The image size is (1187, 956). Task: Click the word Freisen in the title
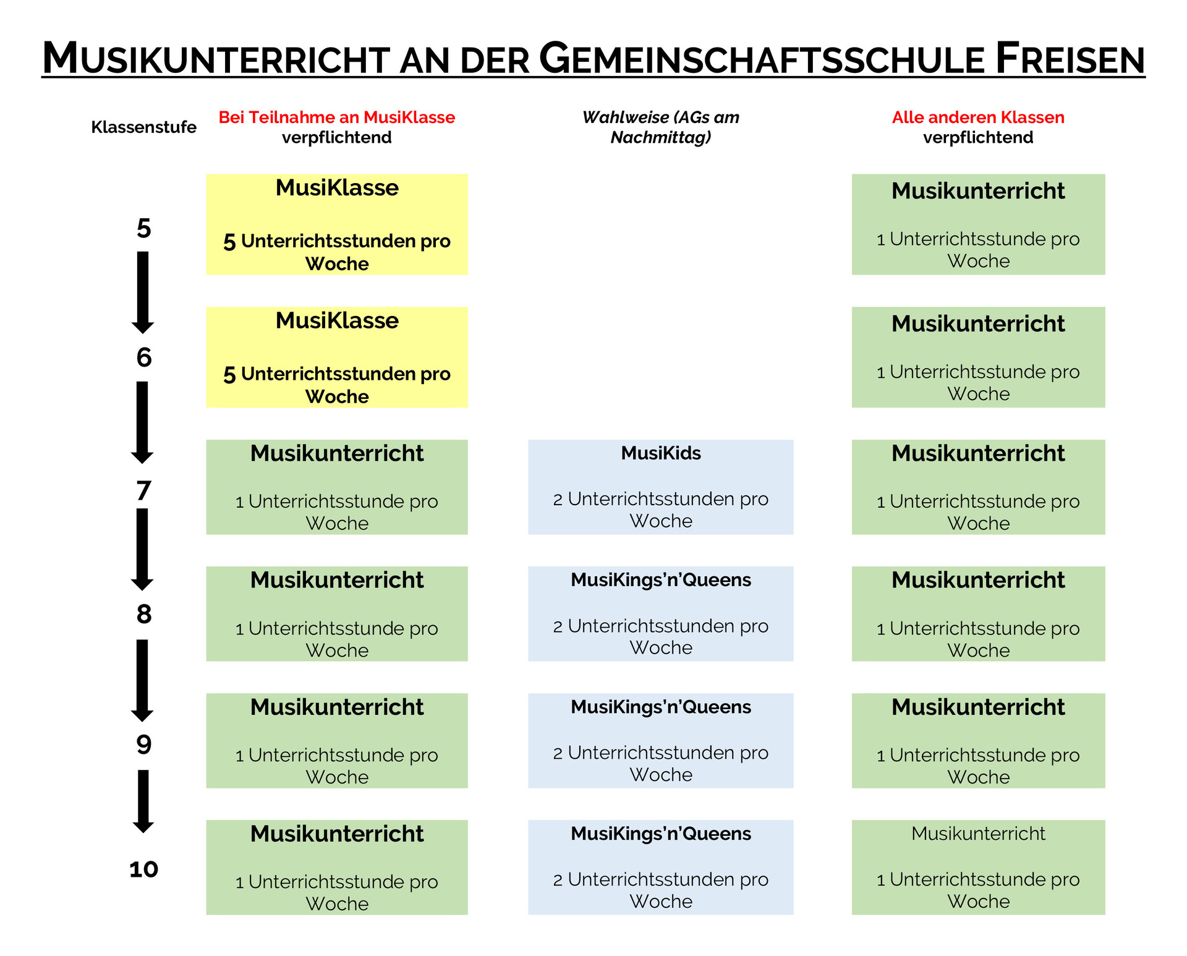[x=1070, y=58]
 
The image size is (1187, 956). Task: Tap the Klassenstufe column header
[x=143, y=127]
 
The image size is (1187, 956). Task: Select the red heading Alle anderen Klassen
[x=978, y=117]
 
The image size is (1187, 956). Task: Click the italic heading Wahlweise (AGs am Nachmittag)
[x=661, y=127]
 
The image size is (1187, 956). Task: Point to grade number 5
[x=143, y=228]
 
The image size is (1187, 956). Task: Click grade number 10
[x=143, y=869]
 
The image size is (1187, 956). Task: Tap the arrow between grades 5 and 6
[x=143, y=292]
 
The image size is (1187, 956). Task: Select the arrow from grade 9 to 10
[x=143, y=801]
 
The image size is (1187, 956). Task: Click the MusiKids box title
[x=661, y=453]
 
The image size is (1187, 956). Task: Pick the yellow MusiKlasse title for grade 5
[x=337, y=187]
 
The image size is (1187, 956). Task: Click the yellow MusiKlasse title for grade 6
[x=337, y=320]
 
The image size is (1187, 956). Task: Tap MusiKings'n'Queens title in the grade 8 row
[x=661, y=580]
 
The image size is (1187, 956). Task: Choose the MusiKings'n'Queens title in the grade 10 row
[x=661, y=834]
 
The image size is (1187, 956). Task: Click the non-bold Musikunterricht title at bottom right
[x=978, y=834]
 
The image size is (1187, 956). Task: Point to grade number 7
[x=143, y=490]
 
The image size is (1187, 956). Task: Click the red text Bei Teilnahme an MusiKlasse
[x=337, y=117]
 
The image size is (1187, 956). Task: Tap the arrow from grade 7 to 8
[x=142, y=549]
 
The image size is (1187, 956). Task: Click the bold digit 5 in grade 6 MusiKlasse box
[x=229, y=375]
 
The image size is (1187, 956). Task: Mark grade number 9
[x=143, y=745]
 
